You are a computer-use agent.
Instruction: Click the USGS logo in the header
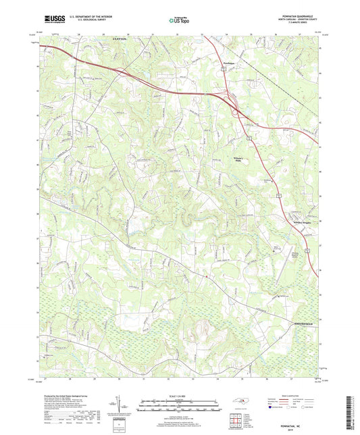point(51,19)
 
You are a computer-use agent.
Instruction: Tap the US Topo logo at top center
point(179,20)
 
